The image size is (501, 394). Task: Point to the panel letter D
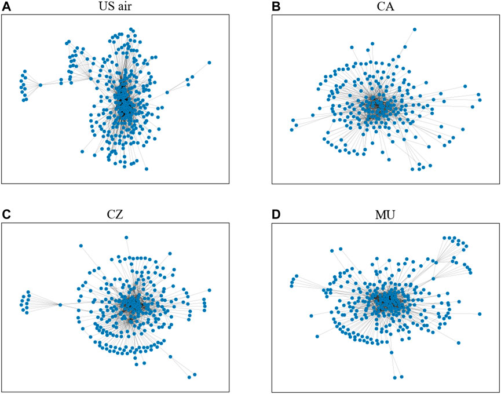coord(276,213)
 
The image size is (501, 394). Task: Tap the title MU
coord(383,214)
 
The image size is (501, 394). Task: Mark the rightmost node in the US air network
coord(209,63)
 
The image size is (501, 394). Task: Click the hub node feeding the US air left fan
coord(40,85)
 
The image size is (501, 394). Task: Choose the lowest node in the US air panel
coord(147,169)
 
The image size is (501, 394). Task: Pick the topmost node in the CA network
coord(415,29)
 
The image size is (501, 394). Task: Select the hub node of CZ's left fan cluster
coord(60,305)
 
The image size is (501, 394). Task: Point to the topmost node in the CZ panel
coord(126,237)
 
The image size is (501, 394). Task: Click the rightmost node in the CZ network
coord(209,290)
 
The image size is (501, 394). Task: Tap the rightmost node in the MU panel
coord(480,314)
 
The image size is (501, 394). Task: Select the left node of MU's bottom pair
coord(394,377)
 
